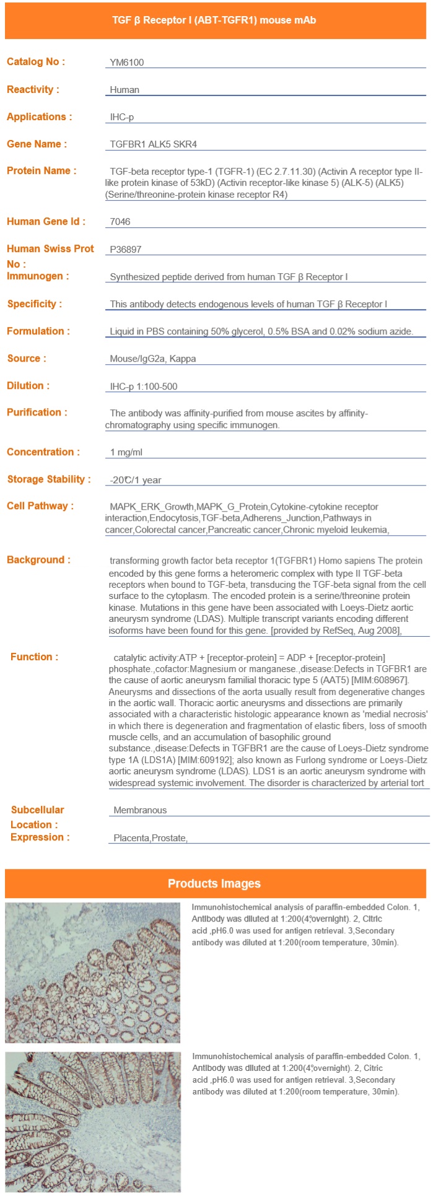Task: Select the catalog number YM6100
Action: coord(127,62)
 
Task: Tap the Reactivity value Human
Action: coord(124,90)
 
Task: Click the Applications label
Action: coord(39,117)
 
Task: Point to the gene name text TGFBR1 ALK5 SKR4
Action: coord(153,144)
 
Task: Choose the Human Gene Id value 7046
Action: coord(120,222)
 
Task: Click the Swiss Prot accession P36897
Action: coord(126,250)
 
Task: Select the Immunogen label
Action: coord(38,276)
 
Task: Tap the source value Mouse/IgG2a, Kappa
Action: coord(152,359)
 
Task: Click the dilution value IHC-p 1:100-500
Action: coord(144,386)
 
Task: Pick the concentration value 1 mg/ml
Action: coord(126,452)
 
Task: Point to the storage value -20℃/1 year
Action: coord(136,480)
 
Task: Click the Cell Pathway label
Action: coord(40,506)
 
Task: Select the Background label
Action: coord(38,560)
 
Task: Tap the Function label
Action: coord(35,657)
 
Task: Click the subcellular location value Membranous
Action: coord(140,810)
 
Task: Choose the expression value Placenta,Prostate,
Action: coord(150,838)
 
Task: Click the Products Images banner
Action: coord(214,883)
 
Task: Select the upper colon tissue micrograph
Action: coord(93,972)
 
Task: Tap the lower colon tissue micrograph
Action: coord(93,1122)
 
